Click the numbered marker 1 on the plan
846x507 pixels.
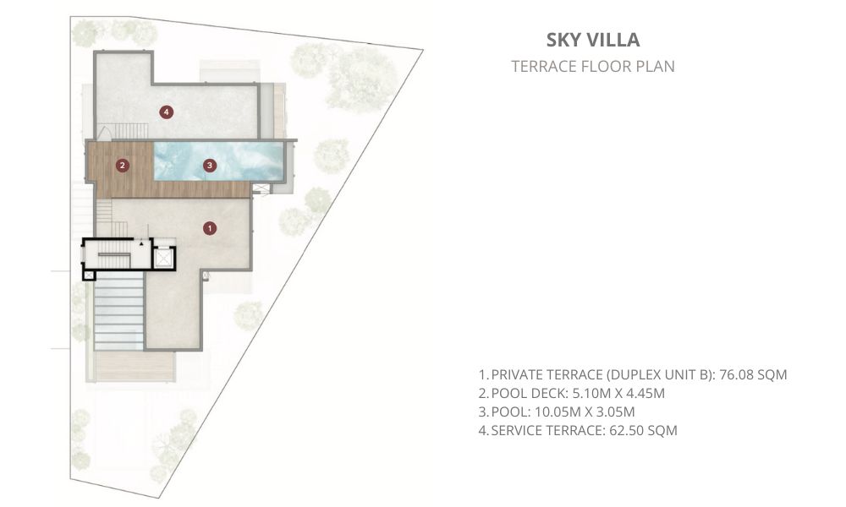coord(209,228)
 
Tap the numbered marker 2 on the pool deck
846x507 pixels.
coord(123,166)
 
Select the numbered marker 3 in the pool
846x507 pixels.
coord(209,166)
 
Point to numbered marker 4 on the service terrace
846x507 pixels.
coord(166,112)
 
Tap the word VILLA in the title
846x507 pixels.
coord(613,40)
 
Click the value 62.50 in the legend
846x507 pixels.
coord(626,430)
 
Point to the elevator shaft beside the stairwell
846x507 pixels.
coord(162,259)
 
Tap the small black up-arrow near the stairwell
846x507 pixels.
coord(141,244)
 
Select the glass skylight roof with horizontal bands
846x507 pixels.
coord(118,310)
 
